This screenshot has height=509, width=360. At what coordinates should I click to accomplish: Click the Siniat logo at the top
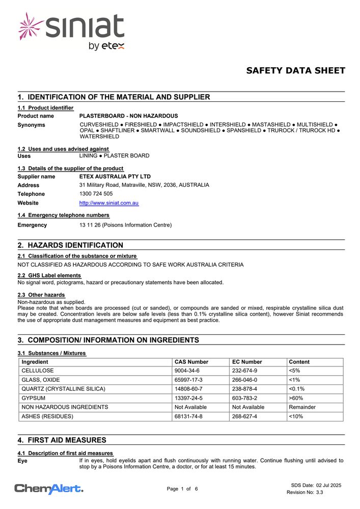tap(71, 32)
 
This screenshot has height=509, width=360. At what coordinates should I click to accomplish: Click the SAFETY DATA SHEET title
tap(295, 71)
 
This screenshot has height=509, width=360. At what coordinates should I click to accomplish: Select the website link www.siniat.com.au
tap(109, 203)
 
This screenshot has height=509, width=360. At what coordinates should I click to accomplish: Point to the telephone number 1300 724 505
tap(96, 194)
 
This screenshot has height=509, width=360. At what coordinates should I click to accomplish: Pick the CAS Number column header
tap(191, 362)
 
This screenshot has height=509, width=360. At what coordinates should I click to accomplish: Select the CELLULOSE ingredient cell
tap(38, 371)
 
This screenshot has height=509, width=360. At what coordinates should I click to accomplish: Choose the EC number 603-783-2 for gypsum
tap(244, 398)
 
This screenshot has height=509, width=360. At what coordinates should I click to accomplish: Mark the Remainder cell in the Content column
tap(302, 407)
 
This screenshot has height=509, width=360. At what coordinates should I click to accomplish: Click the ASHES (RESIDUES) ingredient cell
tap(47, 416)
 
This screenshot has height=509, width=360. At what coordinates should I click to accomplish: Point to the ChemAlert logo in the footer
tap(49, 489)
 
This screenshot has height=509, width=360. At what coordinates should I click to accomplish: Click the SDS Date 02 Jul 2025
tap(316, 485)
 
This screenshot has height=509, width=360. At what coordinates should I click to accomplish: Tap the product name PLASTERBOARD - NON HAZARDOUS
tap(129, 116)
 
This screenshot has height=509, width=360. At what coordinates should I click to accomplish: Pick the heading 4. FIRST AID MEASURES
tap(62, 440)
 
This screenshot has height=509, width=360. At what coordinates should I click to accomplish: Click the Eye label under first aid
tap(22, 461)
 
